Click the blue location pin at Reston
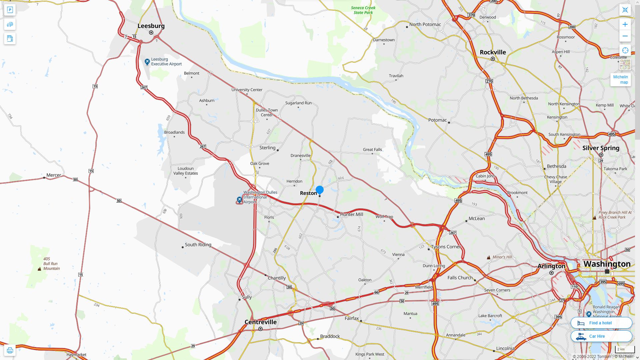(x=319, y=190)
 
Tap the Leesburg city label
(x=151, y=26)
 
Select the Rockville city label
(x=493, y=52)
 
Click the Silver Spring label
(x=601, y=148)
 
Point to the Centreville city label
(x=260, y=322)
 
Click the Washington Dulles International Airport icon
(x=239, y=200)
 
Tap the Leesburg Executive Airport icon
(x=147, y=62)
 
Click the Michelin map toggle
(x=620, y=79)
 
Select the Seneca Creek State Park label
(x=363, y=10)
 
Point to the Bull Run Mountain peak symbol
(x=39, y=269)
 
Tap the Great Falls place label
(x=372, y=149)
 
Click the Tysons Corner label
(x=446, y=247)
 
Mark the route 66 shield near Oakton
(x=376, y=292)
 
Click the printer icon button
(x=10, y=350)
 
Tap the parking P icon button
(x=10, y=10)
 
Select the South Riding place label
(x=198, y=245)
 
